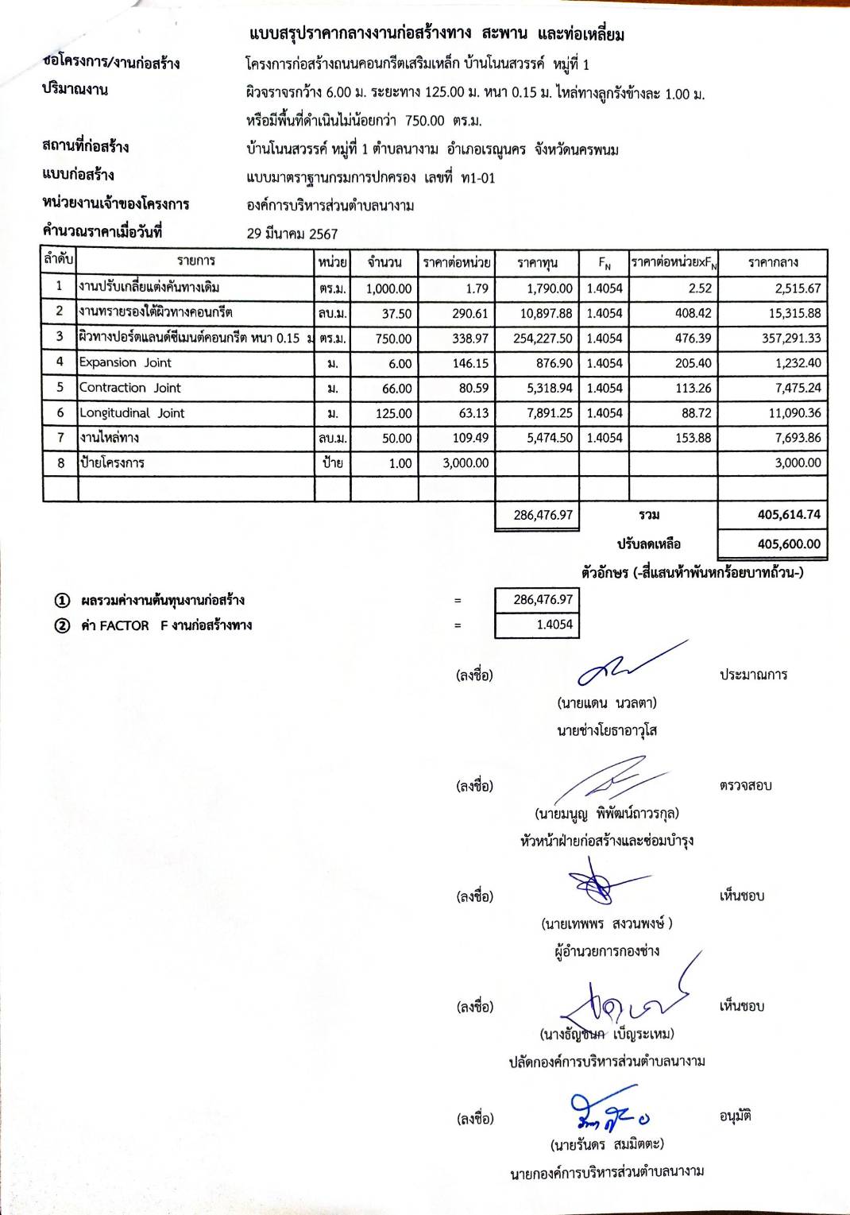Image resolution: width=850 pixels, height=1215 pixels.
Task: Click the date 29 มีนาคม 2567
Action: point(292,234)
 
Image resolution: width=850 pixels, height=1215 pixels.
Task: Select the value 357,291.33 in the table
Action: point(790,338)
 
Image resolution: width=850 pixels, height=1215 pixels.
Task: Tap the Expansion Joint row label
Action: point(125,362)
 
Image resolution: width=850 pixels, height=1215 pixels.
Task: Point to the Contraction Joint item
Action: point(129,388)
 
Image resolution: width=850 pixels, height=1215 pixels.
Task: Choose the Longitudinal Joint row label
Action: point(132,412)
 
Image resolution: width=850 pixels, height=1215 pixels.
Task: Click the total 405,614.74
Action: point(788,514)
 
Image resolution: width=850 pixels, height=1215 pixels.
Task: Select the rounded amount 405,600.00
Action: point(788,544)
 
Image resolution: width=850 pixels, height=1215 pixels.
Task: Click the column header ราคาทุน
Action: point(537,262)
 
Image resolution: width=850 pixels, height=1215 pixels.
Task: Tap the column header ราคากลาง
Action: point(772,262)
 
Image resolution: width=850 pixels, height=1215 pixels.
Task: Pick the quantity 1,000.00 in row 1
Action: point(388,288)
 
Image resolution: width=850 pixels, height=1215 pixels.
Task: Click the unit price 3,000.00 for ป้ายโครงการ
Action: point(466,462)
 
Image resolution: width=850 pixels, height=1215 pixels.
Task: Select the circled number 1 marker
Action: point(62,600)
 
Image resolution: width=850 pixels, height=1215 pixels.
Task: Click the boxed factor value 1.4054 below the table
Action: point(554,625)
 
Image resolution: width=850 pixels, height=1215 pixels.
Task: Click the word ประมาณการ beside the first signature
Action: point(753,675)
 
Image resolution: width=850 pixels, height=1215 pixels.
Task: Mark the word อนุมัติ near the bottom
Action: point(735,1116)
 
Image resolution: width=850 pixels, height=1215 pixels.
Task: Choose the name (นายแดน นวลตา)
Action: point(607,702)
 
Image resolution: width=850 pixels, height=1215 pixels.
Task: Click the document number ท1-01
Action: point(478,178)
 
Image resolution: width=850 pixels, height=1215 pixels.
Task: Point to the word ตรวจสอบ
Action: point(745,785)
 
